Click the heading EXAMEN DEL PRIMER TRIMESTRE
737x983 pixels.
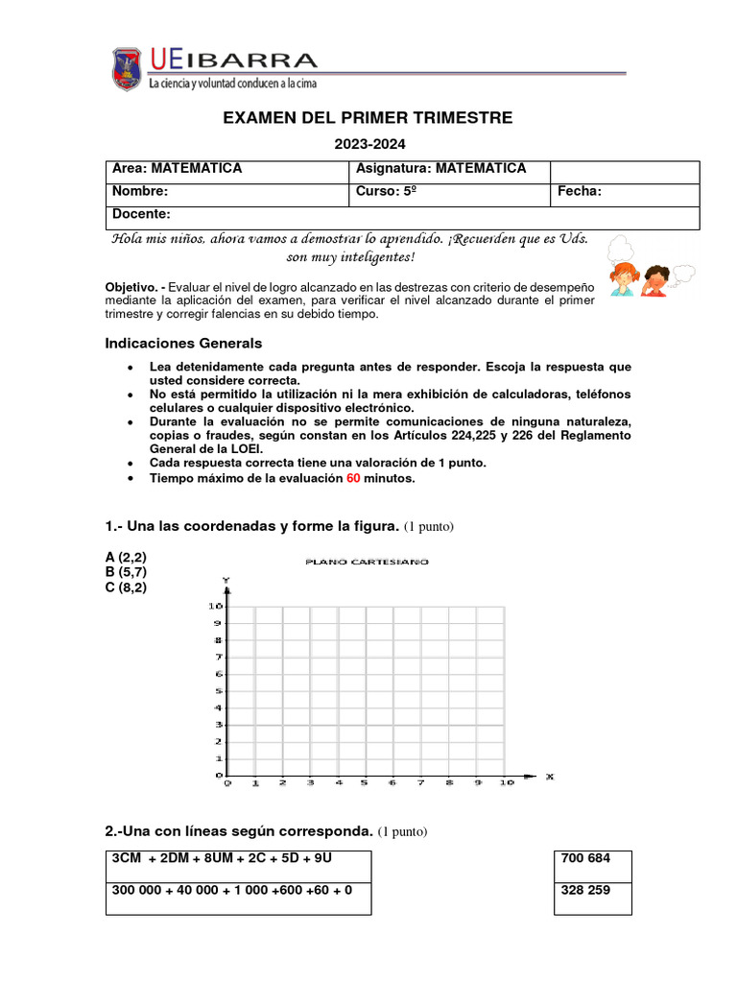tap(368, 118)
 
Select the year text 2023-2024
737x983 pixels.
tap(369, 145)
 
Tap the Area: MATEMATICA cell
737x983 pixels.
tap(226, 170)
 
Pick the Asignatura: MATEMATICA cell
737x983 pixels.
tap(448, 170)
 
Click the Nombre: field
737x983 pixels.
tap(226, 192)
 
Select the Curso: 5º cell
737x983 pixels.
tap(448, 192)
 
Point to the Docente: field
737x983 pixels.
tap(403, 215)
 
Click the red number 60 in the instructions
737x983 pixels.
tap(353, 479)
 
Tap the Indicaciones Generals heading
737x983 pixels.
tap(182, 344)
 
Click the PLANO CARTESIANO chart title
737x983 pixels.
tap(367, 562)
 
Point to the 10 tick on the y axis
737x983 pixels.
tap(215, 607)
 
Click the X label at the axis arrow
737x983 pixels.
tap(549, 776)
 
